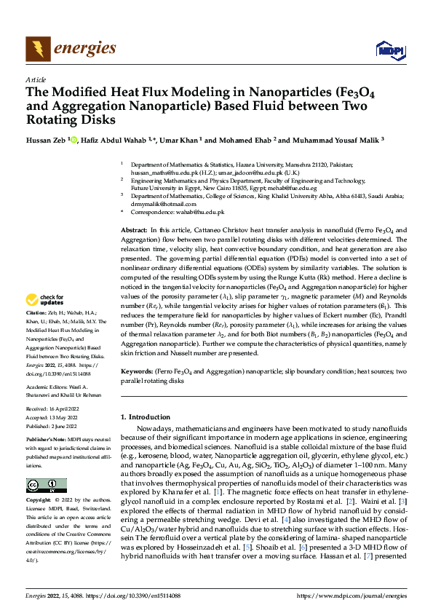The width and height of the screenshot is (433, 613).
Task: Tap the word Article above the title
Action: coord(36,79)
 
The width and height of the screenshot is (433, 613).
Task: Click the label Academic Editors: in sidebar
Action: coord(48,387)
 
